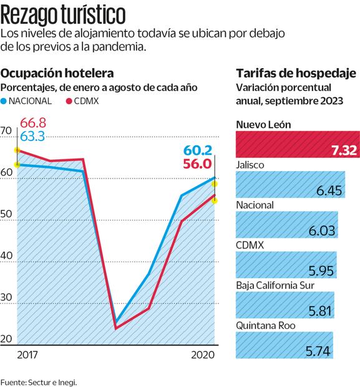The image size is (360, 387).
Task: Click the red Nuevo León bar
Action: click(x=297, y=145)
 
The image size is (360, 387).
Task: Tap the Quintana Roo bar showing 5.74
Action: click(x=284, y=346)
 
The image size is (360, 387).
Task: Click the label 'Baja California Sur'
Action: click(x=275, y=286)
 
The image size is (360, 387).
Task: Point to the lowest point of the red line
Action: click(x=116, y=328)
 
